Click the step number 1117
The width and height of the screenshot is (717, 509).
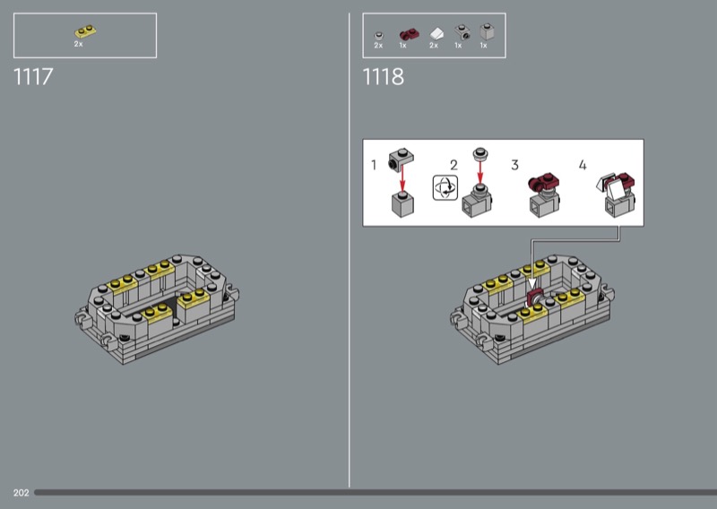coord(33,76)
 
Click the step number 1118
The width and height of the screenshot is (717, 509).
coord(384,76)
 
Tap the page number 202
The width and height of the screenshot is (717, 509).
coord(21,493)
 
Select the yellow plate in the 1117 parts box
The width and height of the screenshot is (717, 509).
coord(85,31)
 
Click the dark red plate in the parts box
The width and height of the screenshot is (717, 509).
coord(409,34)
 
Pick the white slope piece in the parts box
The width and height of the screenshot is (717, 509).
coord(436,34)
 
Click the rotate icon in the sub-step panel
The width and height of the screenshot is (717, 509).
coord(445,188)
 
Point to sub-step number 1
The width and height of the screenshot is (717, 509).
coord(374,165)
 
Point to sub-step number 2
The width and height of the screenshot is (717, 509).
coord(454,165)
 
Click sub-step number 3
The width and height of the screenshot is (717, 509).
coord(514,165)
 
